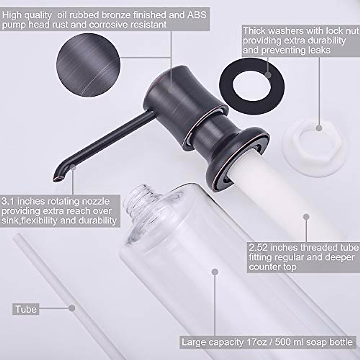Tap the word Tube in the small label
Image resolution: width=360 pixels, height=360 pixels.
[x=26, y=309]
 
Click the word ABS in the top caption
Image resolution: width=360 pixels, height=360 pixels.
[x=197, y=14]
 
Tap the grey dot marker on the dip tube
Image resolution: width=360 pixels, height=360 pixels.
[x=72, y=308]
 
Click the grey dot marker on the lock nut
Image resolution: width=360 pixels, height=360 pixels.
[x=319, y=128]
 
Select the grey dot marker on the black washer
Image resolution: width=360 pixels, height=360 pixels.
[x=268, y=75]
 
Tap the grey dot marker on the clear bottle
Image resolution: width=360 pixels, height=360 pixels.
[x=214, y=272]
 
